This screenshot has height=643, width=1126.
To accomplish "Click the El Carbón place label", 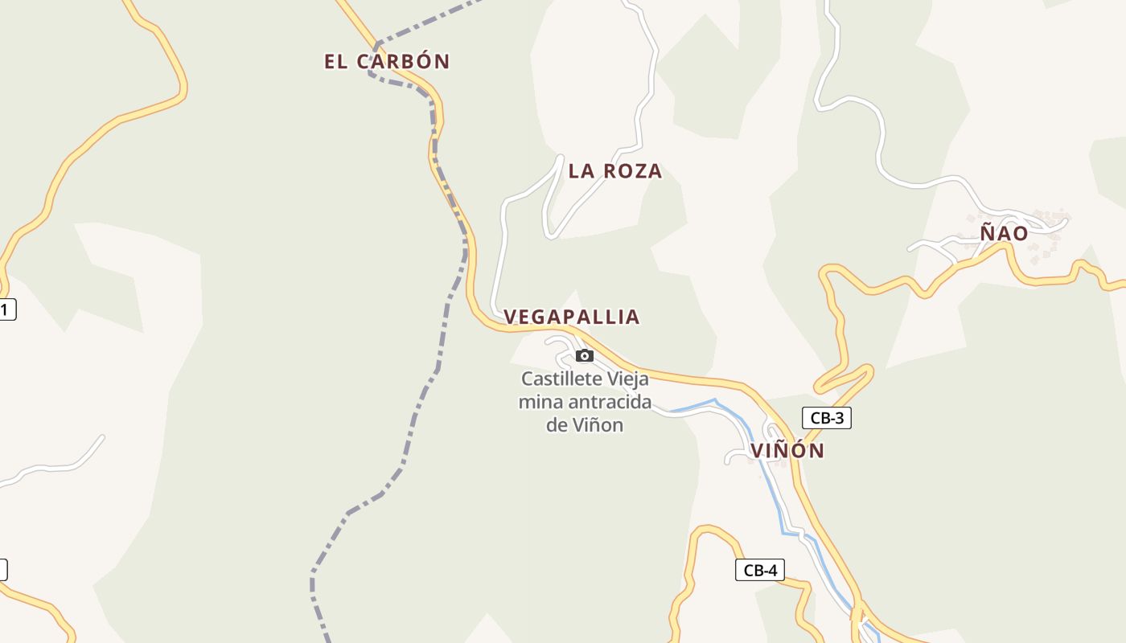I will click(x=386, y=61).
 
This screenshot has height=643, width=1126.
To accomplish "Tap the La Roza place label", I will click(x=615, y=170).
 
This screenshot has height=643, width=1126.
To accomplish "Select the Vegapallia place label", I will click(x=571, y=317).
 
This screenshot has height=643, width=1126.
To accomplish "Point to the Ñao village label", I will click(x=1004, y=233).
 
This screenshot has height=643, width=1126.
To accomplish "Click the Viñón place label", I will click(x=788, y=451).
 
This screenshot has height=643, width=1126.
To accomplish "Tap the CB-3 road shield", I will click(x=826, y=418).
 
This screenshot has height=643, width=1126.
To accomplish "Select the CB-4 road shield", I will click(x=759, y=570).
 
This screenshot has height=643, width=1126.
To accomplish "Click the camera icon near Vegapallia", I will click(x=585, y=355).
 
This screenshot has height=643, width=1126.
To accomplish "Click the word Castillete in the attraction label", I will click(x=560, y=379).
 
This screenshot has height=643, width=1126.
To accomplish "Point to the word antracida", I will click(x=602, y=402).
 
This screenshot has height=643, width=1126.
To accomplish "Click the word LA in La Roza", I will click(x=580, y=170).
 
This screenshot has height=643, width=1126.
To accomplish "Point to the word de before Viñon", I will click(x=557, y=425).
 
